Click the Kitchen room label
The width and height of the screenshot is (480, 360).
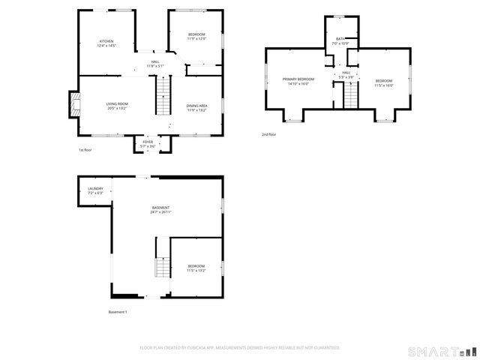[106, 43]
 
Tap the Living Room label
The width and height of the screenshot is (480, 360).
[117, 106]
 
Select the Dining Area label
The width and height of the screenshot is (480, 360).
[197, 108]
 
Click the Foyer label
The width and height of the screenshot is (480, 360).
[148, 143]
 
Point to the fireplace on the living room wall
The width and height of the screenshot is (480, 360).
[73, 105]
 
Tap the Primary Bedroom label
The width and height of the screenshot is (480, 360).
[298, 81]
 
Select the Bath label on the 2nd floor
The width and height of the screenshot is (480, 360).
[340, 41]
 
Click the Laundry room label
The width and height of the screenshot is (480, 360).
[95, 190]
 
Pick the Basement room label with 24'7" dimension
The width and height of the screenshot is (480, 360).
[160, 210]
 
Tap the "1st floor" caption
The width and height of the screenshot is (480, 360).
[85, 150]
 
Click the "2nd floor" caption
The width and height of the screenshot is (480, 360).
[268, 134]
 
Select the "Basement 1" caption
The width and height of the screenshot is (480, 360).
[118, 312]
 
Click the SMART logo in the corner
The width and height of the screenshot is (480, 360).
[442, 351]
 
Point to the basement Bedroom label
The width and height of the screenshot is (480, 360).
[196, 268]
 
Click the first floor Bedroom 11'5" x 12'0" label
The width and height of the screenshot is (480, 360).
[196, 36]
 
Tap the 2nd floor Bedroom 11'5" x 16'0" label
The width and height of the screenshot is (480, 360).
[384, 82]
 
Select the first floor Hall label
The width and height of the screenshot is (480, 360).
[155, 64]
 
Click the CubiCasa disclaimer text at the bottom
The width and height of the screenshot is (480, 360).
[240, 348]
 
